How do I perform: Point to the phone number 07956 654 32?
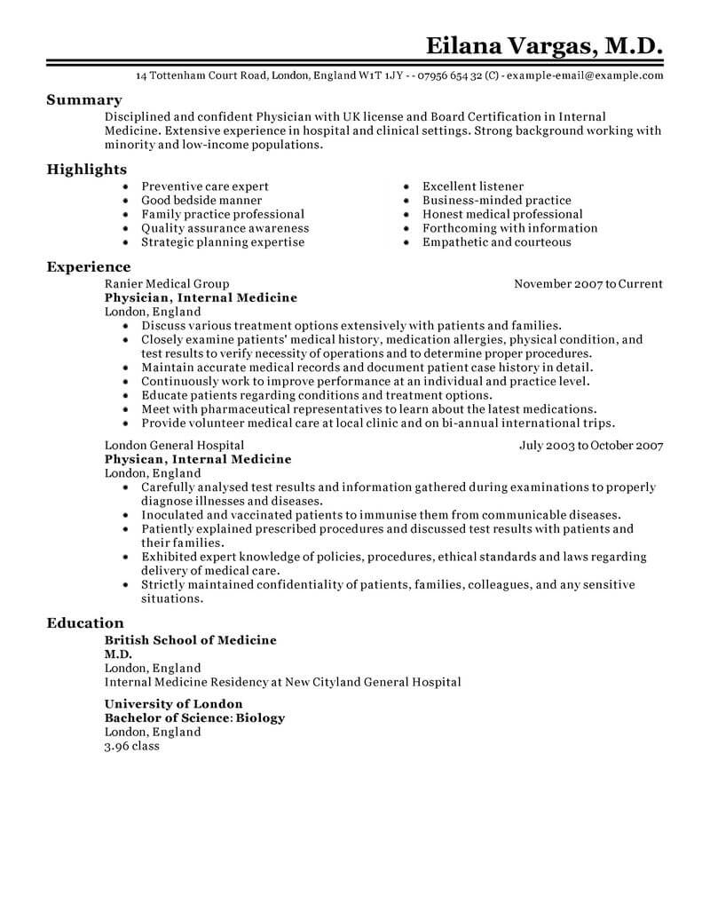click(x=443, y=76)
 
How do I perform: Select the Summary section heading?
click(x=83, y=100)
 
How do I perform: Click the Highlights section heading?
click(x=86, y=169)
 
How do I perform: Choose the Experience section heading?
click(x=88, y=266)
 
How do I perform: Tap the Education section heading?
click(x=85, y=623)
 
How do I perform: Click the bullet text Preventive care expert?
click(x=205, y=186)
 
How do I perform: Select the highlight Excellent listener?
click(x=473, y=186)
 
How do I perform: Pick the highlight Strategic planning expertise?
click(x=223, y=242)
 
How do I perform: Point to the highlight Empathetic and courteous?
click(x=497, y=242)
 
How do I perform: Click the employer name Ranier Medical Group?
click(x=167, y=284)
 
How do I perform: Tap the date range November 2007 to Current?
click(x=588, y=284)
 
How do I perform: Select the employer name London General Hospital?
click(x=174, y=446)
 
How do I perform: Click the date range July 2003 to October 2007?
click(x=591, y=446)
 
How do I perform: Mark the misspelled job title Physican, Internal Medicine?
click(x=198, y=459)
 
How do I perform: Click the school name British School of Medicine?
click(x=191, y=640)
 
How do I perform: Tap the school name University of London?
click(x=173, y=704)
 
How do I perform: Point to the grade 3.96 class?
click(x=132, y=746)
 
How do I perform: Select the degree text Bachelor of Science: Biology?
click(x=195, y=717)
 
